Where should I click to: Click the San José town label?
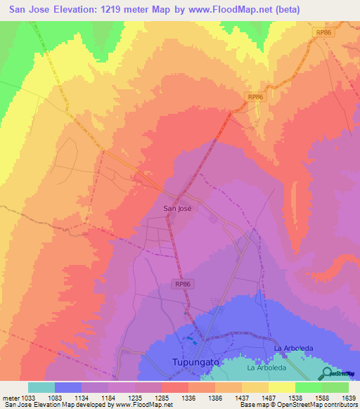click(177, 208)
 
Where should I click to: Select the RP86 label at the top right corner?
click(323, 32)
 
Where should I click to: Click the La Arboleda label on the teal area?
click(264, 368)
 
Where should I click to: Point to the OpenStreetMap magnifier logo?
click(327, 374)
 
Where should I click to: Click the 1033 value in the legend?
click(28, 397)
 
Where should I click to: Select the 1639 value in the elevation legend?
click(348, 397)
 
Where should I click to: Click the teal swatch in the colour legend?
click(41, 387)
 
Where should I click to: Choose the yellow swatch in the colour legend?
click(281, 387)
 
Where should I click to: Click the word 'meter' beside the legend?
click(10, 397)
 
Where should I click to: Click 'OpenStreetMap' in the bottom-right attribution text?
click(295, 405)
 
